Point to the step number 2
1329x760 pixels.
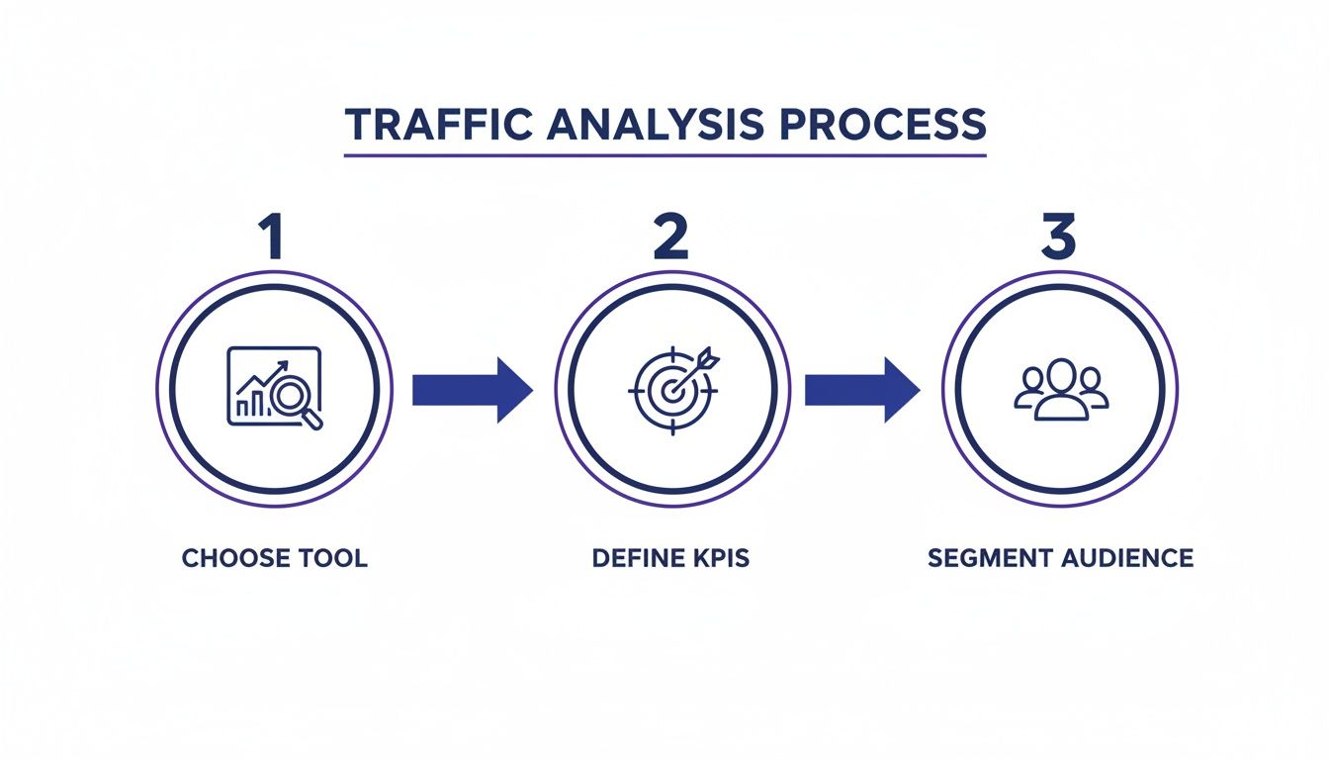[670, 236]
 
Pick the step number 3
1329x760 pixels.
[1058, 236]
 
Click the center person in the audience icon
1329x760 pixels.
[1061, 388]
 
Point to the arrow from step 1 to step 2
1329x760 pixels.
[472, 390]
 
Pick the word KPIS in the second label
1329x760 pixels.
[720, 558]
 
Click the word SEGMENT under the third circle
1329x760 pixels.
[990, 558]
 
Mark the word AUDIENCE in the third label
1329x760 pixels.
[1127, 558]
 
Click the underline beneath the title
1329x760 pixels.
[664, 155]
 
